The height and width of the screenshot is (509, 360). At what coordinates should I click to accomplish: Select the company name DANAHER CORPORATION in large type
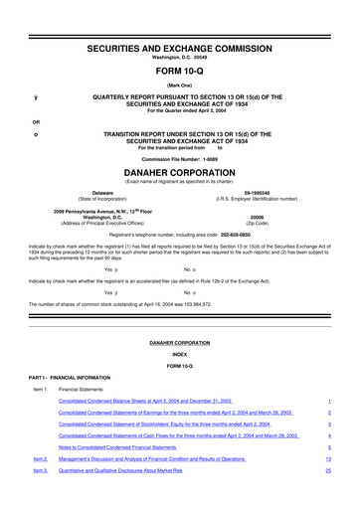pyautogui.click(x=180, y=171)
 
